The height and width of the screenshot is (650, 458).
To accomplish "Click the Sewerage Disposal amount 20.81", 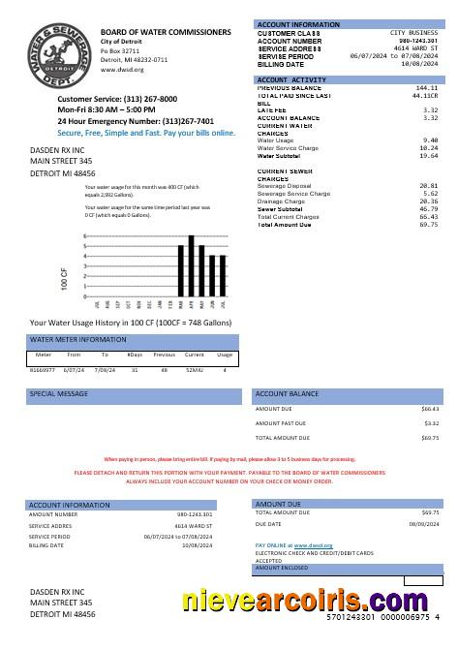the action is (429, 185).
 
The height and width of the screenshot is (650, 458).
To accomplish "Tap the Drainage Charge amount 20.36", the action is (429, 201).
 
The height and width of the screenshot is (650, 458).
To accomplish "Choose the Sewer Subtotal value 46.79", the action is (429, 208).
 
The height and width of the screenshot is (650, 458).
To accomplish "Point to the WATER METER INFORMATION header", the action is (78, 340).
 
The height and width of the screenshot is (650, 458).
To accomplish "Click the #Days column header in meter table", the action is (135, 356).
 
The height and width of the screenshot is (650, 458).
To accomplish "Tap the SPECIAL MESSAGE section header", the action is (56, 395).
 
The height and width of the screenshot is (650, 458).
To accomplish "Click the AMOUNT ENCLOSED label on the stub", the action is (281, 568).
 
